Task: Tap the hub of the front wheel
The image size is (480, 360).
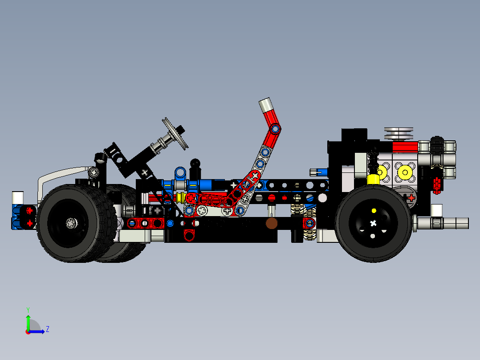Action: [71, 223]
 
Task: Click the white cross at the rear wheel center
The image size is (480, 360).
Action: [373, 223]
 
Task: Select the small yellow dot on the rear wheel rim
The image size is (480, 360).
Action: [374, 210]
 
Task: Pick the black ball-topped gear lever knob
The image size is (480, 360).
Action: [195, 164]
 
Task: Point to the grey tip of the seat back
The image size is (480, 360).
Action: [266, 105]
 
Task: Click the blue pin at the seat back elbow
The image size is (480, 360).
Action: [276, 129]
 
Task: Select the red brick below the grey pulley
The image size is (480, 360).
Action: [405, 147]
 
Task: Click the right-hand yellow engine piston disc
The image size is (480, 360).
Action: [405, 172]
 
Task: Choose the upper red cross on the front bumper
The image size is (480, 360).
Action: [30, 210]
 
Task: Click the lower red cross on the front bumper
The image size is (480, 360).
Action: [30, 223]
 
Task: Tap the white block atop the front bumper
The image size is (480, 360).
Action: [17, 197]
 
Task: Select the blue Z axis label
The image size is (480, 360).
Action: [47, 329]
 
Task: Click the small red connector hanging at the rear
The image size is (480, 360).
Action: [436, 183]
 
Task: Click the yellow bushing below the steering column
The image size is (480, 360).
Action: [180, 197]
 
